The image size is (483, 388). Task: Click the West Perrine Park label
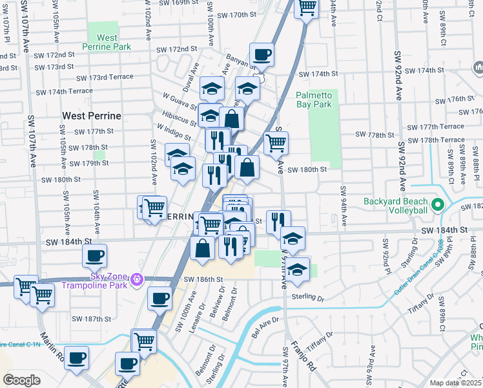(x=107, y=42)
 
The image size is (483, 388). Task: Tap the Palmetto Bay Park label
(x=313, y=99)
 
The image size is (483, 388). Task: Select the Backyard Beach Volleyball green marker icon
(x=437, y=205)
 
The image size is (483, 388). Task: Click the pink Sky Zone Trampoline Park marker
(x=136, y=279)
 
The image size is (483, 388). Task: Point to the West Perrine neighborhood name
(x=92, y=116)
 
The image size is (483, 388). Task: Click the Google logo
(x=21, y=380)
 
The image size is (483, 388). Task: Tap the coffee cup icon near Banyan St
(x=262, y=55)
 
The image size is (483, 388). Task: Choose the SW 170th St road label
(x=237, y=15)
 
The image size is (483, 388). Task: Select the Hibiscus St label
(x=180, y=120)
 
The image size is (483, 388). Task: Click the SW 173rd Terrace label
(x=104, y=78)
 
